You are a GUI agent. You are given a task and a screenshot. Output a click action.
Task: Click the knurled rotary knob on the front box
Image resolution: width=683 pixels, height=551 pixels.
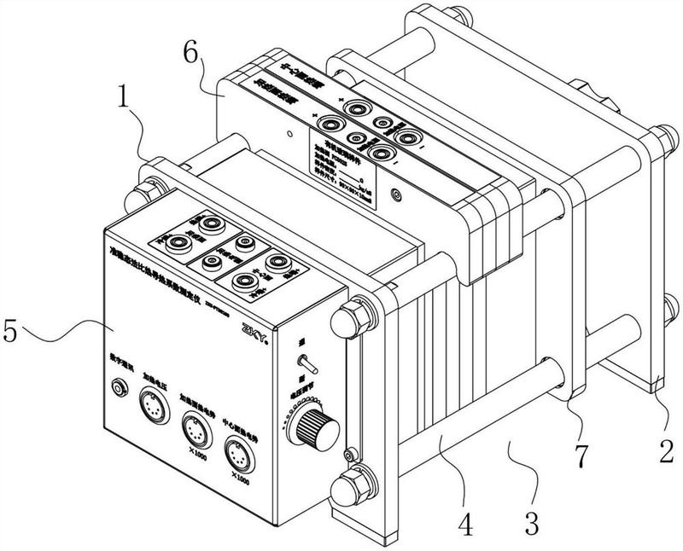click(x=318, y=426)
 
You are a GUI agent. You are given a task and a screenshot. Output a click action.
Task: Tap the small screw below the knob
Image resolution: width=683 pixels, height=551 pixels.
click(x=347, y=452)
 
